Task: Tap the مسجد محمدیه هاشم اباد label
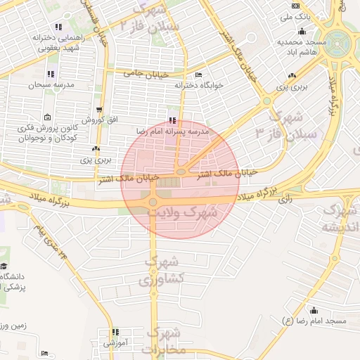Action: [x=302, y=46]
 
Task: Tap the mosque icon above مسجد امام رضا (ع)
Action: [x=314, y=310]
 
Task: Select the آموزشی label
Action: [x=114, y=343]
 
